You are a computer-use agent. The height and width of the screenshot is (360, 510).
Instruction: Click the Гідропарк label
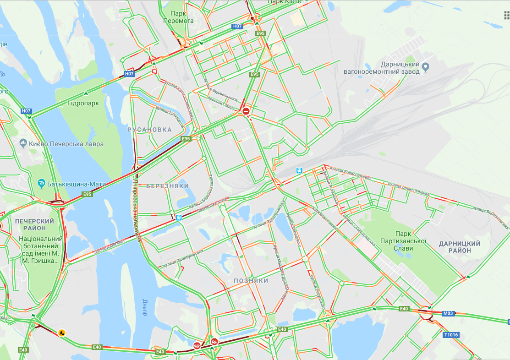point(83,103)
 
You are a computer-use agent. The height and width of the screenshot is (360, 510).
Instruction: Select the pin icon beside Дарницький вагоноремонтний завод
point(426,67)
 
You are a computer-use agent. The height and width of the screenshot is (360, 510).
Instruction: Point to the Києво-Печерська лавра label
point(66,144)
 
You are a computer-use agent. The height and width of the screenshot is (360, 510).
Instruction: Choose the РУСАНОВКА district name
point(149,130)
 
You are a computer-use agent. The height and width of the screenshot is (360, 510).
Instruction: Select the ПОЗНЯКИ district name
point(251,280)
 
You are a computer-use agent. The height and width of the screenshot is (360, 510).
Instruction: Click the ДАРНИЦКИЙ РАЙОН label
point(460,247)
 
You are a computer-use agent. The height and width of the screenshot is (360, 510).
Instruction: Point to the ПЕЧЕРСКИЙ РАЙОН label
point(34,224)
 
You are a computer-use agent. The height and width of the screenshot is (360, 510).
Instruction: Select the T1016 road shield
point(451,335)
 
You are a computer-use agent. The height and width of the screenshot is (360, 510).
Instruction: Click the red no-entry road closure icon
point(246,111)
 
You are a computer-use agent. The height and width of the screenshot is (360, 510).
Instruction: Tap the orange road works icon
point(61,333)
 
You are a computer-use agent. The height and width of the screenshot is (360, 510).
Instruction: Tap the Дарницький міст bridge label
point(110,247)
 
